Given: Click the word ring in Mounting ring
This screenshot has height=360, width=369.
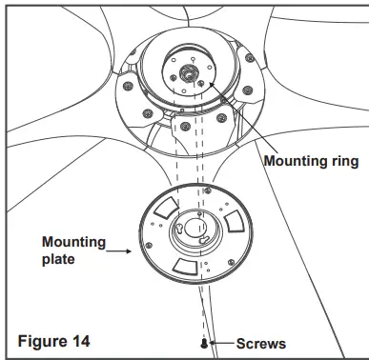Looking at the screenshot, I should click(339, 162).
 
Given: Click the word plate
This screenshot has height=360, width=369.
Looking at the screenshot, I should click(59, 260).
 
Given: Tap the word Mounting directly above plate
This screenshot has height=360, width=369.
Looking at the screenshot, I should click(73, 243).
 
